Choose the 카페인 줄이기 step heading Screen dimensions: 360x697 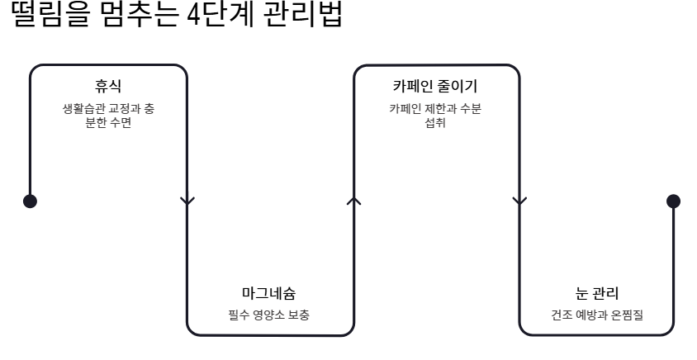[x=435, y=86]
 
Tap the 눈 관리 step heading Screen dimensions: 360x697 [x=596, y=294]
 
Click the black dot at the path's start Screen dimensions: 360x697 [x=30, y=201]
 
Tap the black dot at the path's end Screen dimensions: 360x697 [x=673, y=201]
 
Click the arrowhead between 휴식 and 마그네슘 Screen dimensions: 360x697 [x=188, y=200]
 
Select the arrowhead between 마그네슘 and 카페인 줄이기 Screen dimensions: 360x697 [x=354, y=200]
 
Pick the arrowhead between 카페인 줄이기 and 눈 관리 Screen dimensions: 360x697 [x=519, y=200]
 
